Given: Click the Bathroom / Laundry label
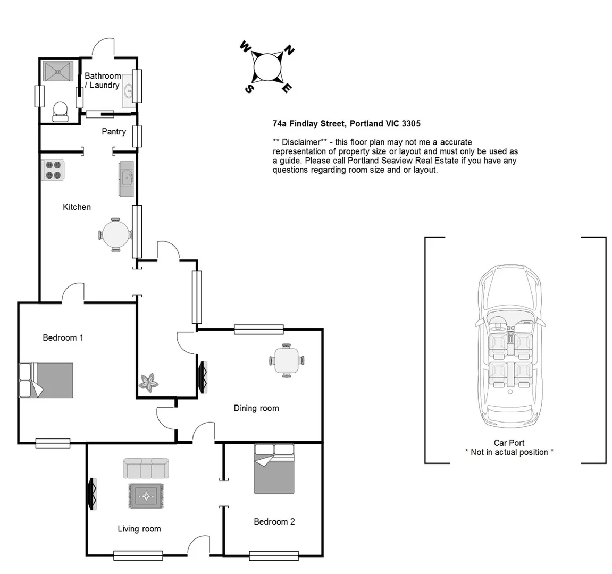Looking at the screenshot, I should pyautogui.click(x=102, y=80).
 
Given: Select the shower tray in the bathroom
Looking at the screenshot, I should pyautogui.click(x=57, y=71).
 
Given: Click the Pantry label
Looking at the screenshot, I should pyautogui.click(x=114, y=131).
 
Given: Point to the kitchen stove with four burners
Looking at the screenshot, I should pyautogui.click(x=53, y=170).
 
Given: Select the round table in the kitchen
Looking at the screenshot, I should pyautogui.click(x=115, y=234).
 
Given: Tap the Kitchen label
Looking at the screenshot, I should pyautogui.click(x=77, y=207).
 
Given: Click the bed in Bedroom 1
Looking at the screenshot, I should pyautogui.click(x=46, y=380).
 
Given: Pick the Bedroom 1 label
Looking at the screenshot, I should pyautogui.click(x=63, y=337).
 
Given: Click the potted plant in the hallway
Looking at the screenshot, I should pyautogui.click(x=148, y=382).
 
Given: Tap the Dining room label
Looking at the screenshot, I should pyautogui.click(x=256, y=408).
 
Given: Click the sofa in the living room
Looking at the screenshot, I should pyautogui.click(x=146, y=468).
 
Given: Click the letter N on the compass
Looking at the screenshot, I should pyautogui.click(x=289, y=50).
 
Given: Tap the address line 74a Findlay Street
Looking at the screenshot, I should pyautogui.click(x=346, y=124).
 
